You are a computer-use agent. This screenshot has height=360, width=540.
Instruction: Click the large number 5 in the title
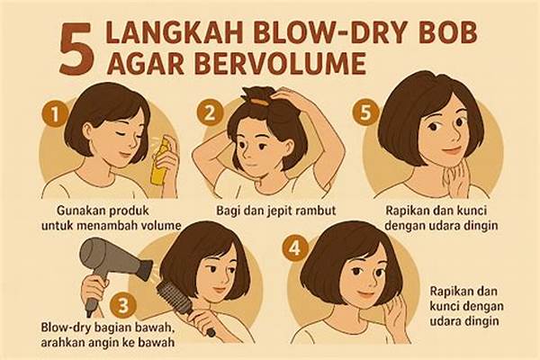click(x=76, y=50)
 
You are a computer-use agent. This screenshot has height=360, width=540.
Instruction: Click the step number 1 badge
click(x=54, y=114)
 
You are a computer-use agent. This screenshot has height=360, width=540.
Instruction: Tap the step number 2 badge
click(x=210, y=112)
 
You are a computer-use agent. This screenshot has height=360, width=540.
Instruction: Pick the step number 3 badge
click(x=123, y=305)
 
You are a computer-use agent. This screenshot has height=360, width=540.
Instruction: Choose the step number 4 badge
click(x=294, y=247)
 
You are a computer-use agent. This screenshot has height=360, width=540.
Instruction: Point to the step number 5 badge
click(x=365, y=112)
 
